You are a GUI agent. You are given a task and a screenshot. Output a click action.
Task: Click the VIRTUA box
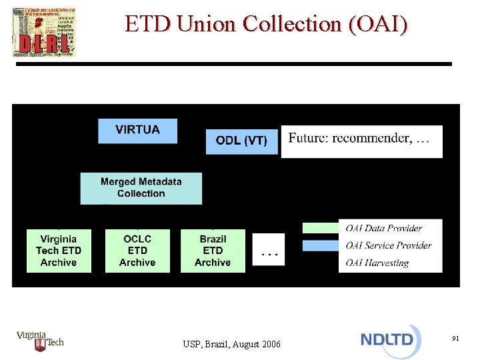[x=137, y=131]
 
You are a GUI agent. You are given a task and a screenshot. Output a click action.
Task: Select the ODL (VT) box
[x=241, y=141]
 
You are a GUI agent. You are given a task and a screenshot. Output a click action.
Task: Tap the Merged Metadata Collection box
[x=141, y=188]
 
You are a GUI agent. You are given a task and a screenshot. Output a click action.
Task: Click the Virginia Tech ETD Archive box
[x=59, y=251]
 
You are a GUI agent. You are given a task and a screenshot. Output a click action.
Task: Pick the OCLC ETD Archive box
[x=137, y=251]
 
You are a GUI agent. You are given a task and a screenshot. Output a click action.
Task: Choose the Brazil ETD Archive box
[x=213, y=251]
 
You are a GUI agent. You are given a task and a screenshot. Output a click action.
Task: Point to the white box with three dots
[x=269, y=251]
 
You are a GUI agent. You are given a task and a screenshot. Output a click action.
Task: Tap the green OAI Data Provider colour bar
[x=320, y=228]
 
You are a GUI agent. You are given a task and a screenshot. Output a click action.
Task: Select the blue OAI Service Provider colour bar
[x=320, y=245]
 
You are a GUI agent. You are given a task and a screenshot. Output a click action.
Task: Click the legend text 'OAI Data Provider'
[x=383, y=229]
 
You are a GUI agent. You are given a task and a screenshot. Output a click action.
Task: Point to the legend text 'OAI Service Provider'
[x=389, y=245]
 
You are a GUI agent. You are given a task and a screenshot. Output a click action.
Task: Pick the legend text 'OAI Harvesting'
[x=377, y=263]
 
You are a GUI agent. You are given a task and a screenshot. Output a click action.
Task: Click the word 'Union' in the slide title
[x=207, y=24]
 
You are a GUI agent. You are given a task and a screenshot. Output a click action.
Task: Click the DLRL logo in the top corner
[x=44, y=33]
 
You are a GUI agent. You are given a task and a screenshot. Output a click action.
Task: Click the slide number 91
[x=455, y=339]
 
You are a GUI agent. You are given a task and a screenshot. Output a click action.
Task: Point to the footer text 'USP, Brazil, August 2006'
[x=232, y=344]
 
